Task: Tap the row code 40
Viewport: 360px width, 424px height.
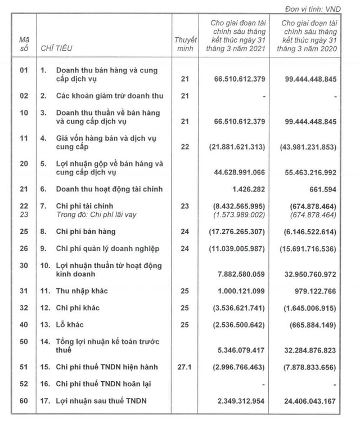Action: (x=24, y=325)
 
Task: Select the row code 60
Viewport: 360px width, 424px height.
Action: (x=24, y=402)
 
